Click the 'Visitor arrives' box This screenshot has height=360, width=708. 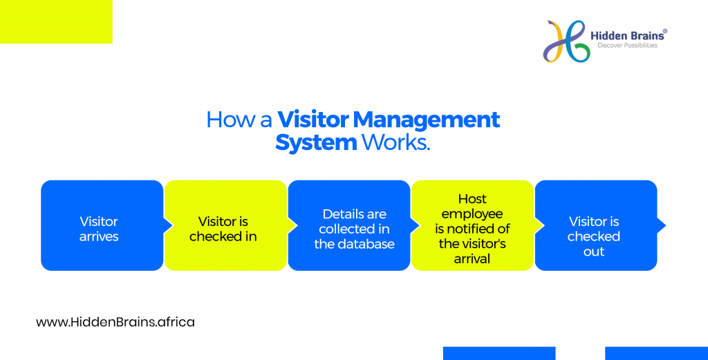[102, 225]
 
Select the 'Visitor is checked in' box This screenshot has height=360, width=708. [226, 225]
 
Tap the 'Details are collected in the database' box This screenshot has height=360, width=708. [349, 225]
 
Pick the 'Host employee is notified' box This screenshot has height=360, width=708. [472, 225]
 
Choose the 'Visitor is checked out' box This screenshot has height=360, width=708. [596, 225]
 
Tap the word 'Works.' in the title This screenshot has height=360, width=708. [395, 142]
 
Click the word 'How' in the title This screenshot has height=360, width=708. [227, 120]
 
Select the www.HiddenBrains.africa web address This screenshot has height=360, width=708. [115, 322]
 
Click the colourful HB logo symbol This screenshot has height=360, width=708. [567, 41]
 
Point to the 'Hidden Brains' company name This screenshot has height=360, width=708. [627, 36]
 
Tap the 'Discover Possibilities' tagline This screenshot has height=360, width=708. [627, 46]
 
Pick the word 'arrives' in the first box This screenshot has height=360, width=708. [99, 237]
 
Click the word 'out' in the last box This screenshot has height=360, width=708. [594, 252]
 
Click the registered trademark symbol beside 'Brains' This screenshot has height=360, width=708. [664, 31]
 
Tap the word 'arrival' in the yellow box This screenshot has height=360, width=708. [472, 259]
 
